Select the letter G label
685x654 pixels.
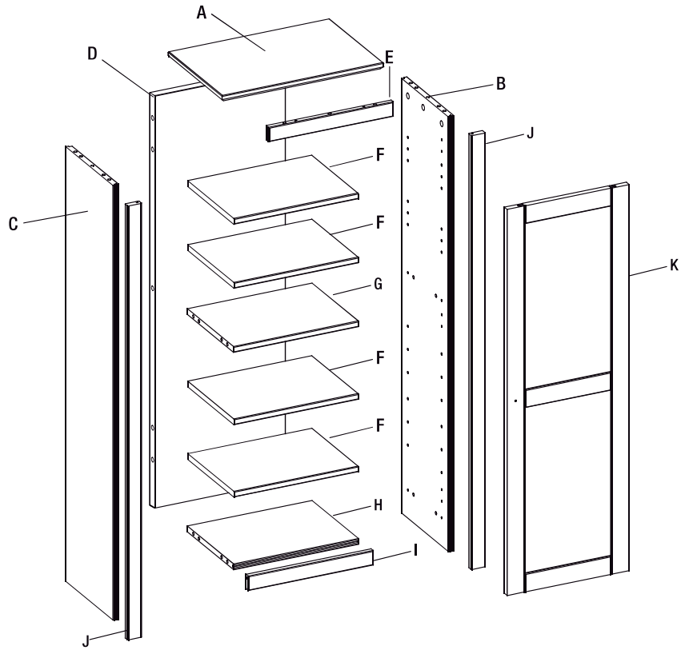pyautogui.click(x=379, y=284)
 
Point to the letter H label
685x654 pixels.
pyautogui.click(x=379, y=504)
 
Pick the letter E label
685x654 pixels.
pyautogui.click(x=389, y=57)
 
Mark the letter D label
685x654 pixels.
pyautogui.click(x=92, y=54)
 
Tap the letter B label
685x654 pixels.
pyautogui.click(x=500, y=82)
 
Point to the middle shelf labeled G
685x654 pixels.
pyautogui.click(x=272, y=313)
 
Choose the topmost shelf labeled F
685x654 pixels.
pyautogui.click(x=272, y=185)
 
